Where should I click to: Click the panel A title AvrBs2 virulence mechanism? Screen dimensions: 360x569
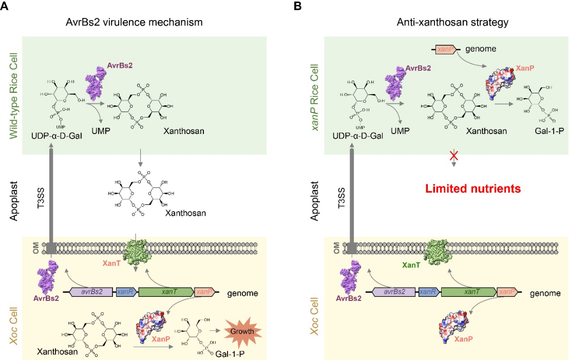coord(134,23)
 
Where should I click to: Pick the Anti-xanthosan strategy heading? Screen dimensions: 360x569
coord(445,23)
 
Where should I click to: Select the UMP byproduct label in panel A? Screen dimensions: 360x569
coord(99,131)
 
